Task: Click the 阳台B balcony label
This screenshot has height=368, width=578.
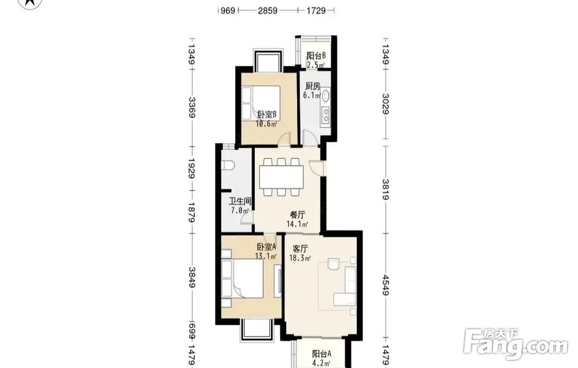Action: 316,56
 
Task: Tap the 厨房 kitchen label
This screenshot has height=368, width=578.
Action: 313,86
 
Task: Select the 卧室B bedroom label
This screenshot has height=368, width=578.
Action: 267,115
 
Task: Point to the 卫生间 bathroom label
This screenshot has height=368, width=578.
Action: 240,201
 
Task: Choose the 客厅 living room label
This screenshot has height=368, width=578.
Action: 300,248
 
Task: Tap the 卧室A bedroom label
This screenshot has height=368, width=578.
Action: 266,247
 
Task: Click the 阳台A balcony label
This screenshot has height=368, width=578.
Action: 322,354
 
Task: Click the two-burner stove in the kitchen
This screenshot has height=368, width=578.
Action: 326,114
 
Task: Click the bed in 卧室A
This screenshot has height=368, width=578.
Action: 243,278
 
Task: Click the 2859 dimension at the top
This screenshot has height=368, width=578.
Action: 268,10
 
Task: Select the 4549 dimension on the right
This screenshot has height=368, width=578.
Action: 386,285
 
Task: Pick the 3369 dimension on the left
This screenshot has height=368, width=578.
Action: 192,107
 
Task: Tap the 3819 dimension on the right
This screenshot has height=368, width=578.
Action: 386,189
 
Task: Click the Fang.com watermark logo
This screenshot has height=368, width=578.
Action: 516,344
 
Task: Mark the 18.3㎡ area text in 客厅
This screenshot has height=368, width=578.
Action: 299,258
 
